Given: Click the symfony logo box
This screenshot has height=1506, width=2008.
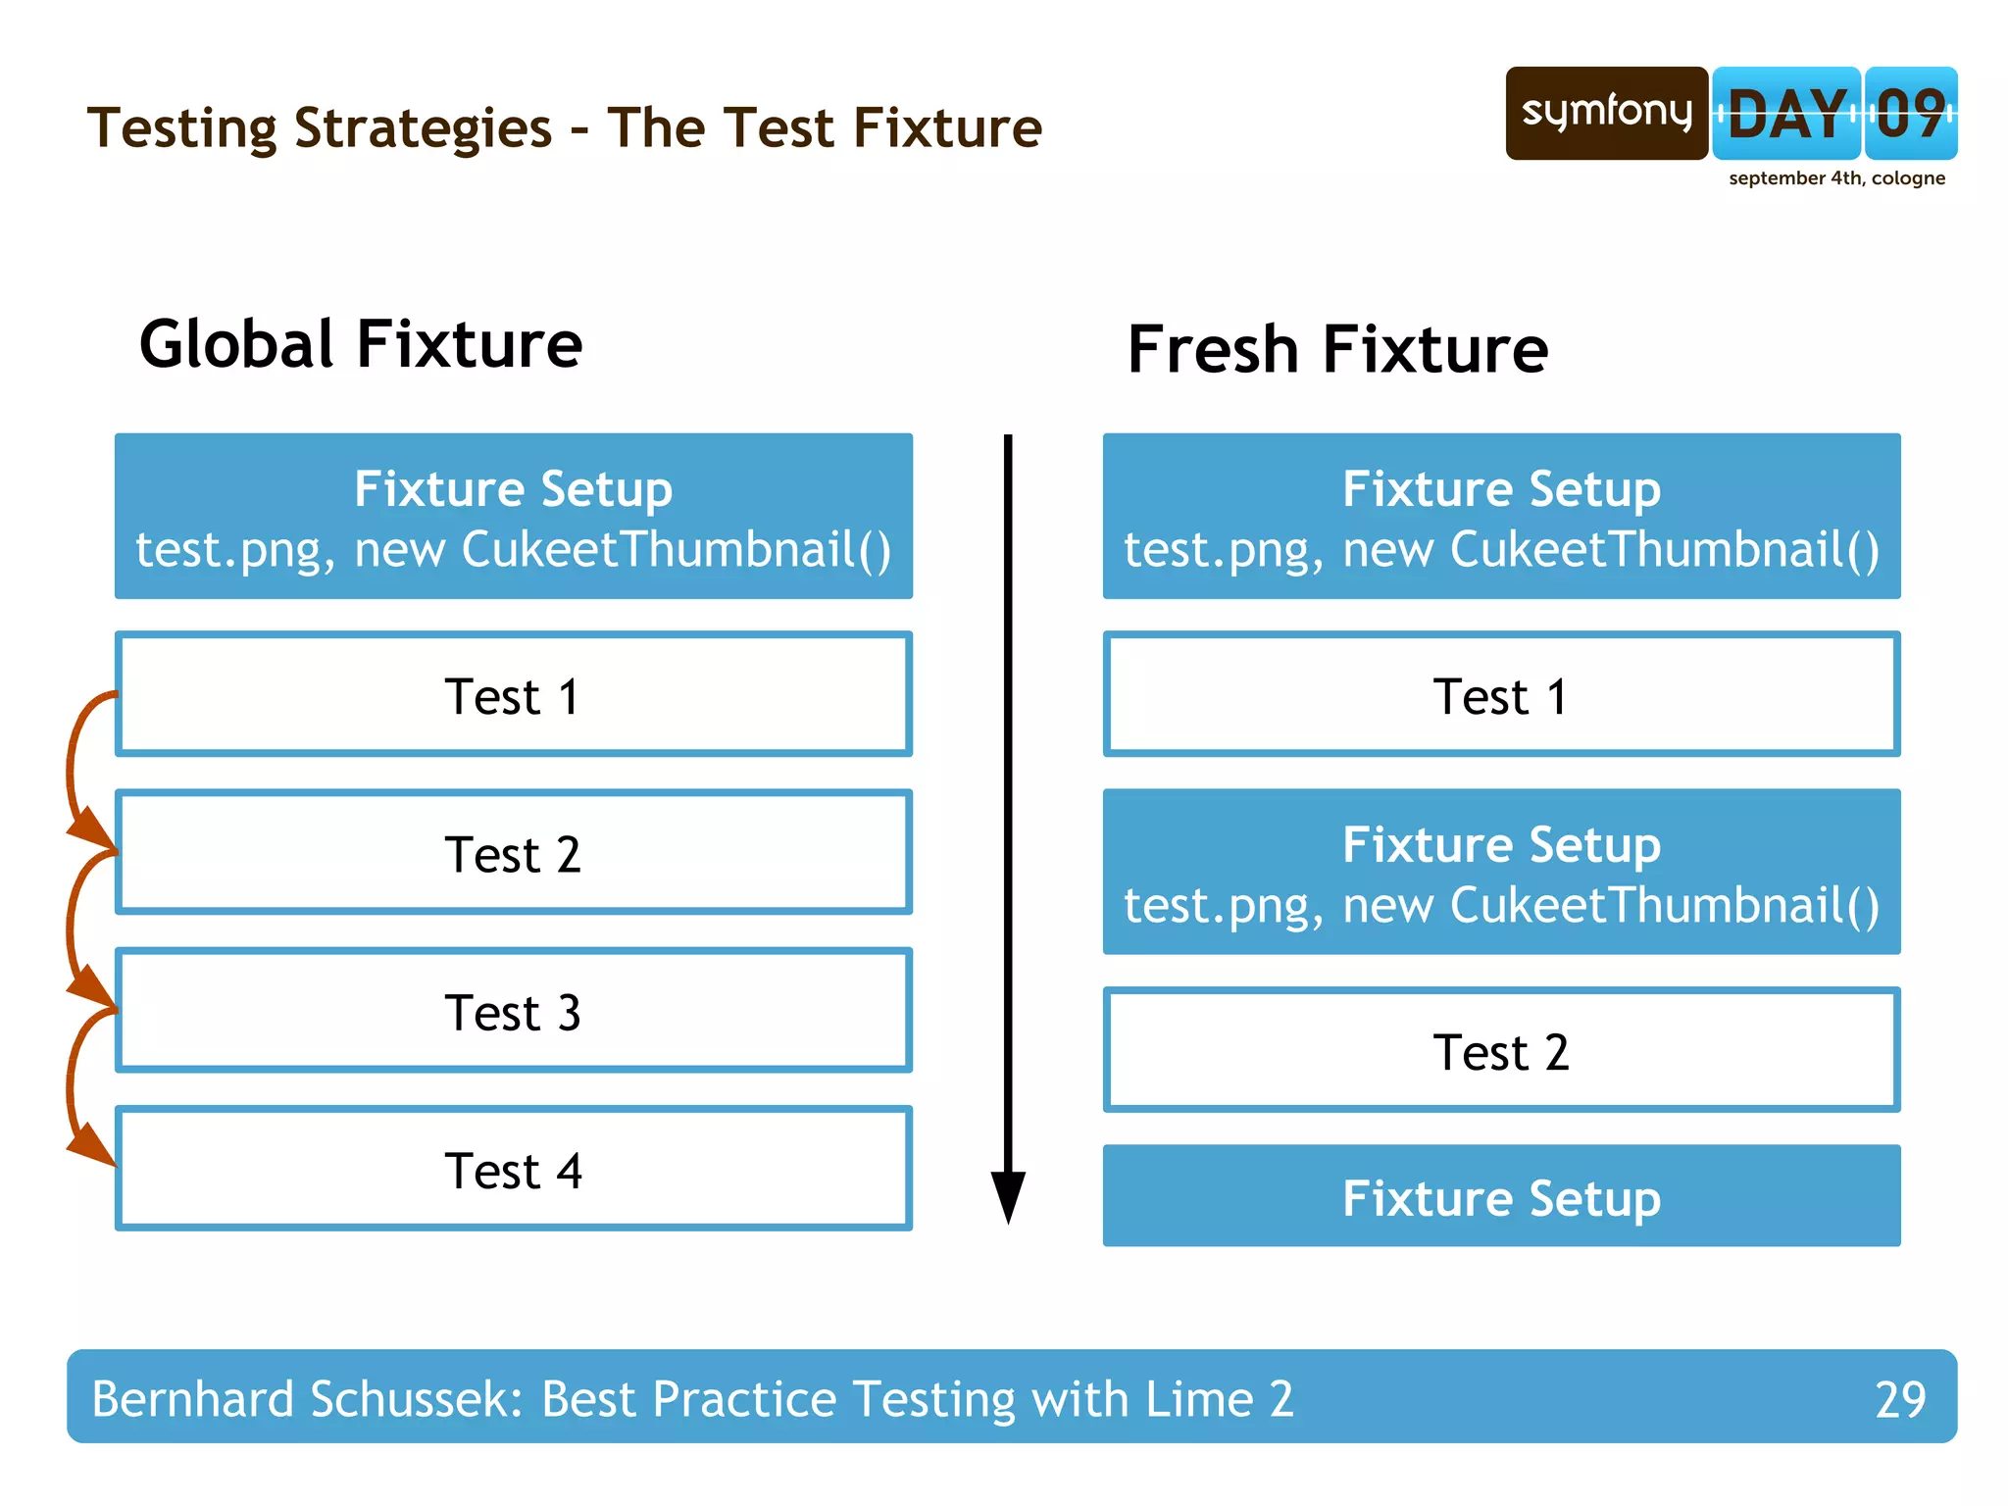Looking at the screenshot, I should [x=1606, y=113].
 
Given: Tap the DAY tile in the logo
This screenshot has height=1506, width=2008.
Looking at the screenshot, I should [x=1785, y=114].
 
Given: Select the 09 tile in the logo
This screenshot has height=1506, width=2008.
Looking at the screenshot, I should [x=1910, y=114].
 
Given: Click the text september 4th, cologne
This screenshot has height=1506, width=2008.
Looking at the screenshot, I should [x=1836, y=178].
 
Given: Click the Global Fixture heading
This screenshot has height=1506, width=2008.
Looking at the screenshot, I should [x=361, y=344].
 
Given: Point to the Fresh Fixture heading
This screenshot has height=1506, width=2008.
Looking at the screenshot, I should [x=1337, y=350].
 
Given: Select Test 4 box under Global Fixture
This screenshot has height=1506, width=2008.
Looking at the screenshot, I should [x=514, y=1169].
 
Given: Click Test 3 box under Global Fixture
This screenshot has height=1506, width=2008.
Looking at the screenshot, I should [x=514, y=1011].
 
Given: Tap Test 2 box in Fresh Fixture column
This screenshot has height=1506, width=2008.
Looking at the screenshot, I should [x=1501, y=1051].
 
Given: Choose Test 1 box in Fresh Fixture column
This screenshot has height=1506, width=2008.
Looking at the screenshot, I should [x=1501, y=695].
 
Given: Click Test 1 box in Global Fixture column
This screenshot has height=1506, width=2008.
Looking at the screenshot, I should [x=514, y=695].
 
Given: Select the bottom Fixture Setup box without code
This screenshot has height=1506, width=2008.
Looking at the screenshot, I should [x=1501, y=1196].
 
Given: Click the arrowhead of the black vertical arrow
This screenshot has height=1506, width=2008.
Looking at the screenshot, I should [x=1008, y=1196].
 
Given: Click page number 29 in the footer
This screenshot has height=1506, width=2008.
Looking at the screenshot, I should [x=1900, y=1399].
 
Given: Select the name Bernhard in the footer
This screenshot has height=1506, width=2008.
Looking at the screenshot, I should [x=192, y=1399].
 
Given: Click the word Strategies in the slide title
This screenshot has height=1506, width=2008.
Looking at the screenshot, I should [x=423, y=128].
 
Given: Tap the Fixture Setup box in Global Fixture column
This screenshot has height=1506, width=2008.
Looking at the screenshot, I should [x=514, y=517].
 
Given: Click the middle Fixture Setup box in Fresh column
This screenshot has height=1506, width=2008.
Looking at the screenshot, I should [x=1501, y=872].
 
